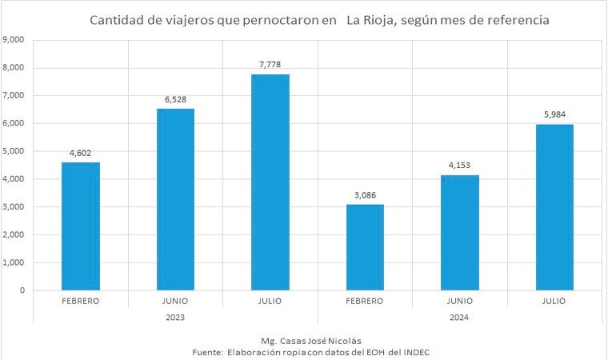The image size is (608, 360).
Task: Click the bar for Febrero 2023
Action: coord(81,226)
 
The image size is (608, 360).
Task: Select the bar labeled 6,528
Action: coord(175,199)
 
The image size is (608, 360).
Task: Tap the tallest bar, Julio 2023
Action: coord(270,182)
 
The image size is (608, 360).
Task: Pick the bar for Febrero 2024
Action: coord(365,247)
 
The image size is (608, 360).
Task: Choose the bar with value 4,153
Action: coord(460,232)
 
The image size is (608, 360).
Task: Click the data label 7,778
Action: coord(270,63)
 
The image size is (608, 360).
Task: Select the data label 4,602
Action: coord(81,151)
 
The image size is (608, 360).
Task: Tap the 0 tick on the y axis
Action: coord(22,290)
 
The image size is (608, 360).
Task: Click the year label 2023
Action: coord(175,317)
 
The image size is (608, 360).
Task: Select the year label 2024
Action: coord(460,317)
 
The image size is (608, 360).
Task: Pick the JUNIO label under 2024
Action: coord(460,302)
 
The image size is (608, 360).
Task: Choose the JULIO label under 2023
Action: coord(270,302)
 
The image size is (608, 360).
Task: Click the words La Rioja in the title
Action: coord(370,18)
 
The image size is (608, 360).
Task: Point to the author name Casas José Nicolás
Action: coord(314,340)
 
